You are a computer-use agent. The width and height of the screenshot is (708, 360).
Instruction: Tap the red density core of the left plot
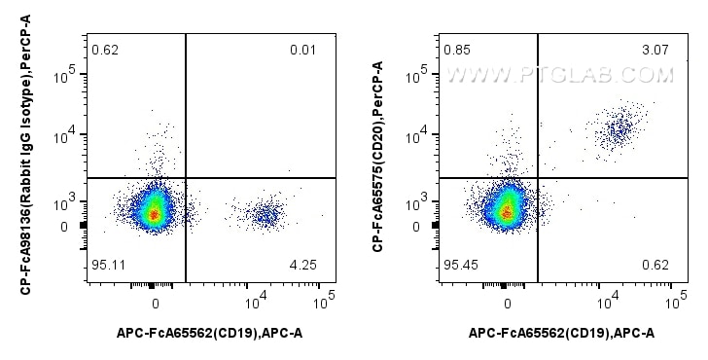point(154,213)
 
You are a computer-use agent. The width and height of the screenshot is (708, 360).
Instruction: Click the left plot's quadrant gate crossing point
point(185,178)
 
